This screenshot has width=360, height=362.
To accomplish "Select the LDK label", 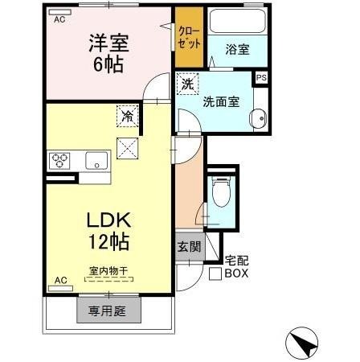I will [x=104, y=220].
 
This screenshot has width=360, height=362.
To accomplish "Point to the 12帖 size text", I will [x=104, y=241].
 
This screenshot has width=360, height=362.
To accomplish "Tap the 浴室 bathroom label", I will [x=237, y=49].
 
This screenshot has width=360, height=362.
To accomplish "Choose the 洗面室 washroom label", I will [x=219, y=101].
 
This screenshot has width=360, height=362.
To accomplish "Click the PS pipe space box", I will [x=260, y=78].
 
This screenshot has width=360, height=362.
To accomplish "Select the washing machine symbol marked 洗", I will [x=187, y=84].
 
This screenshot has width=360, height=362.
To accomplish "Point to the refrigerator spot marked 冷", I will [x=127, y=115].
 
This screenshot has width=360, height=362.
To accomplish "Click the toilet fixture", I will [x=221, y=193].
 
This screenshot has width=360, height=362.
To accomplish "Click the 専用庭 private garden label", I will [x=108, y=309].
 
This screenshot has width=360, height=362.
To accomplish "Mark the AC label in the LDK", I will [x=59, y=281].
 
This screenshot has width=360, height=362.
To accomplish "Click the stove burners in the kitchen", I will [x=60, y=159].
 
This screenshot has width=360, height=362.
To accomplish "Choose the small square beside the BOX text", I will [x=215, y=274].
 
